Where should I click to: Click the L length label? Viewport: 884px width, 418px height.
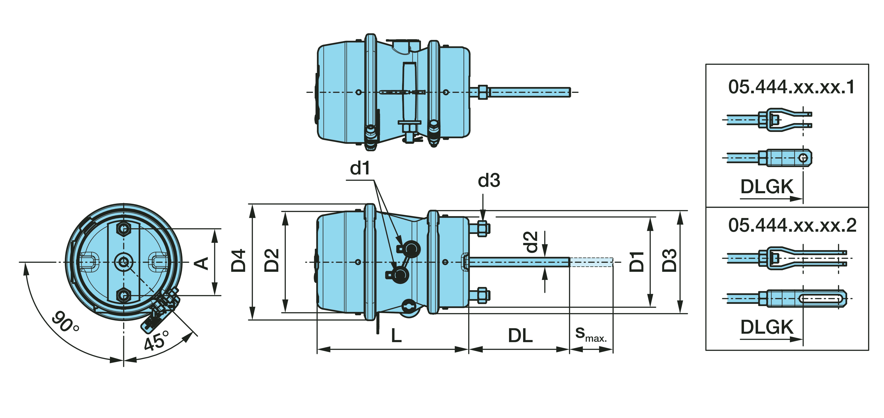tap(396, 336)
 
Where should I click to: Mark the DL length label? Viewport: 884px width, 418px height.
tap(520, 336)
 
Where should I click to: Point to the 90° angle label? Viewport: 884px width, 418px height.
tap(65, 322)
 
